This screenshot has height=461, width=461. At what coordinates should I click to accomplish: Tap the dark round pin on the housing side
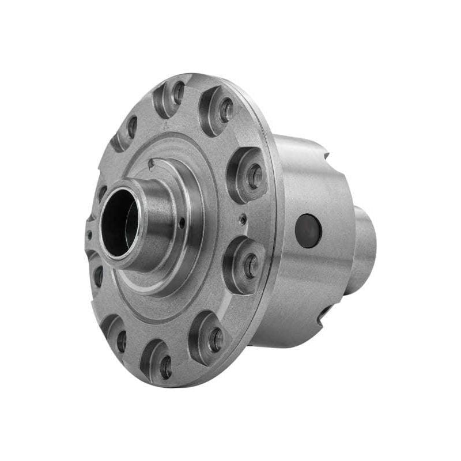click(308, 231)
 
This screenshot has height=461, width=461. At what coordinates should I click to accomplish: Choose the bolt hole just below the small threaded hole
click(251, 266)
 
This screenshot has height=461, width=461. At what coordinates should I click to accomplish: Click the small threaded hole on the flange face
click(243, 218)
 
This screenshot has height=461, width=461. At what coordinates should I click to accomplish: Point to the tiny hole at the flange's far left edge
click(89, 234)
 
